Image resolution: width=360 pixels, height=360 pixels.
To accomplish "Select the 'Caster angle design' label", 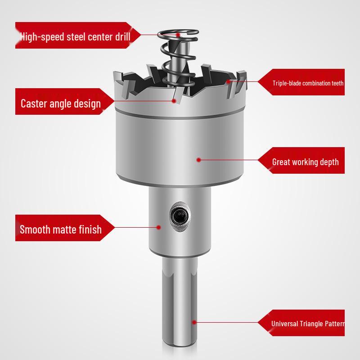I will (61, 103).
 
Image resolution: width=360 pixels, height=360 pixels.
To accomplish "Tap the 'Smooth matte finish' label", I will (61, 229).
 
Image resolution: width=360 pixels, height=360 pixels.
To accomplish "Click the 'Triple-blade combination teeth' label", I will (307, 83).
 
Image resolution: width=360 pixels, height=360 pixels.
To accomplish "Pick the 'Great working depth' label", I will (305, 162).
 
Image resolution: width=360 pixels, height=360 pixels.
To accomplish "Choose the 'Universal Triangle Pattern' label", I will (307, 324).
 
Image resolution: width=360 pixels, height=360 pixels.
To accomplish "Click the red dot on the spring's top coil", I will (178, 34).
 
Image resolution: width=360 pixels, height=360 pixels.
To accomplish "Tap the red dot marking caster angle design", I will (174, 101).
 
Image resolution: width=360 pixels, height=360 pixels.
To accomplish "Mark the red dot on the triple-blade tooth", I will (229, 81).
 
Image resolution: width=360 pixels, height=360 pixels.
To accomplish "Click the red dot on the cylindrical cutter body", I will (198, 159).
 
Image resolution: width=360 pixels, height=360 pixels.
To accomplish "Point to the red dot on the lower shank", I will (194, 322).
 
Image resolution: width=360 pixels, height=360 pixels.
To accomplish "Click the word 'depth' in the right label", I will (329, 162).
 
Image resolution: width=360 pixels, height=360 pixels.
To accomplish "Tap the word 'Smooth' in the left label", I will (34, 229).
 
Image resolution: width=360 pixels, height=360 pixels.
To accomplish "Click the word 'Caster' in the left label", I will (35, 103).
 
